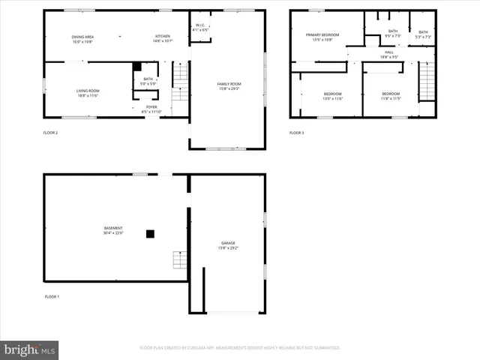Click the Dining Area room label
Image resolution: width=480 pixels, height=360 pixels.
click(x=83, y=39)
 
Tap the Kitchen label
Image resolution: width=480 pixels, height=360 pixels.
click(x=163, y=39)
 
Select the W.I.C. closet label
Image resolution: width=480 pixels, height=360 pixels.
click(x=201, y=28)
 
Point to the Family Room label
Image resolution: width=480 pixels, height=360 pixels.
click(x=229, y=86)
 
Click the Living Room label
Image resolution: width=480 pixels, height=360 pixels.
click(x=88, y=93)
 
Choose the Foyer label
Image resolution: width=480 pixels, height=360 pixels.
click(x=151, y=109)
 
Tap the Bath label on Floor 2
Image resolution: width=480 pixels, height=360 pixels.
click(x=148, y=81)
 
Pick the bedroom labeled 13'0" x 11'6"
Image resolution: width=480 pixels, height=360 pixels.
click(x=331, y=96)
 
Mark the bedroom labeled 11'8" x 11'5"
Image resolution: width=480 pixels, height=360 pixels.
click(x=391, y=96)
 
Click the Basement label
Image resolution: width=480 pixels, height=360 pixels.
click(x=113, y=230)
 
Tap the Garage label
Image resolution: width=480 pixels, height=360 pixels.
click(x=228, y=245)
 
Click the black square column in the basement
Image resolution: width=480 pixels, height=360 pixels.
click(x=150, y=234)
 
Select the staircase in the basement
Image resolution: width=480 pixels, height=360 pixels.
click(x=180, y=260)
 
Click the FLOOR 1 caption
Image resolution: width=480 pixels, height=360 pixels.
click(x=52, y=297)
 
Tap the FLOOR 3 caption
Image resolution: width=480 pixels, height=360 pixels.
click(x=297, y=133)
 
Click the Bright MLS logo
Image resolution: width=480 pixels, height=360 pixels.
click(x=30, y=349)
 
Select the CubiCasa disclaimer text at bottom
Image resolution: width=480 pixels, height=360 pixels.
click(x=240, y=348)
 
